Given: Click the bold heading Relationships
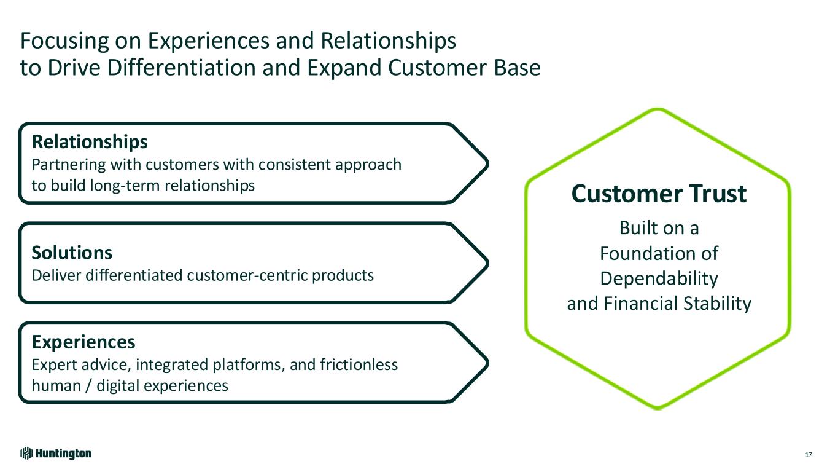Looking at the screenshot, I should [x=90, y=143].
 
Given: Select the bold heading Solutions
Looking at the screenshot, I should [x=72, y=253].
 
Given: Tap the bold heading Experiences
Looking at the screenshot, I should [x=83, y=341].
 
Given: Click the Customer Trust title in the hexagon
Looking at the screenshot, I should [x=659, y=194].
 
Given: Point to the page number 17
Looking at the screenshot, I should [x=808, y=455].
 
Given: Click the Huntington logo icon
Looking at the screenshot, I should [x=26, y=454].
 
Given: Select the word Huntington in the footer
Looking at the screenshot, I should [x=63, y=454].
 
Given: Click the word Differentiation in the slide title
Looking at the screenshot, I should [x=185, y=68].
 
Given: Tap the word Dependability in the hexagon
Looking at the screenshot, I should [x=659, y=278].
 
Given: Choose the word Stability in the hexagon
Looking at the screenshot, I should [x=718, y=304].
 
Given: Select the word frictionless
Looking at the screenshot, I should [x=359, y=365].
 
